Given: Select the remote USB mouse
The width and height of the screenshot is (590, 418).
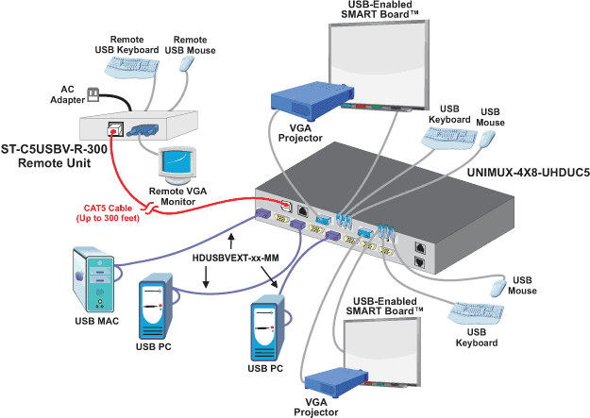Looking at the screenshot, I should [187, 63].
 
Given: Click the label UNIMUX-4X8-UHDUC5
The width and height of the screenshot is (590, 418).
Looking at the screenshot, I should [529, 174].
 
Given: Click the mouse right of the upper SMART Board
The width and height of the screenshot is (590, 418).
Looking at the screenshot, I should [487, 139].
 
